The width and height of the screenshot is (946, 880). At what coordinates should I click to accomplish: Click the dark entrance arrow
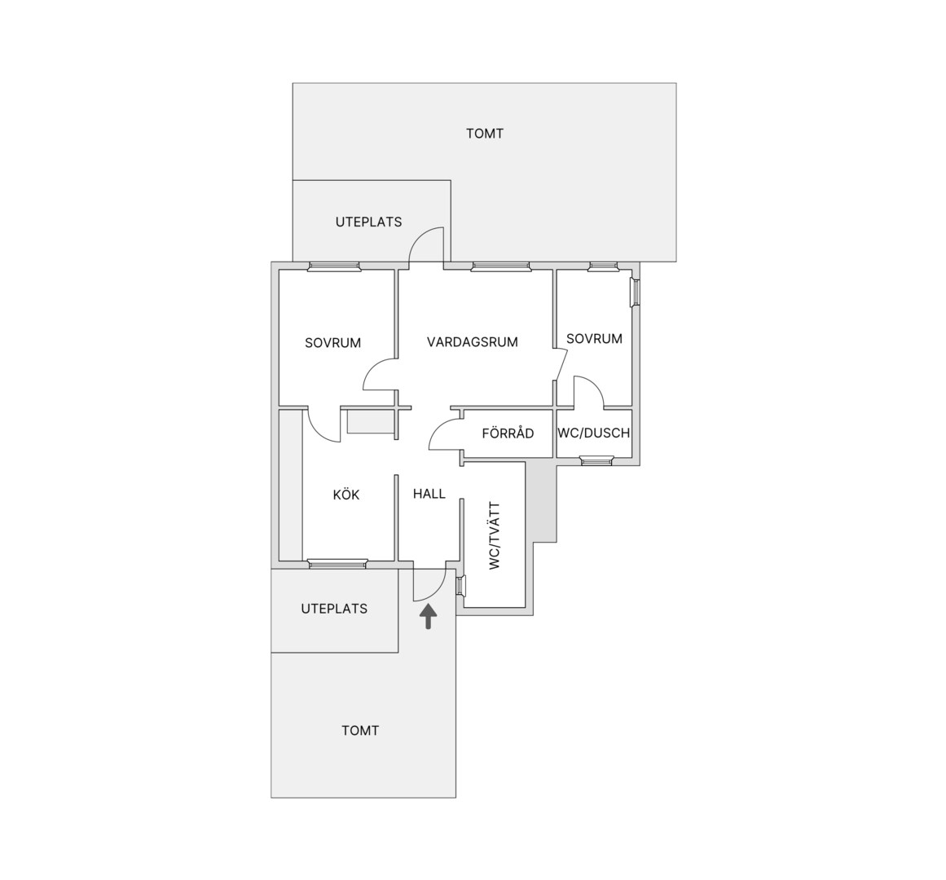pyautogui.click(x=429, y=618)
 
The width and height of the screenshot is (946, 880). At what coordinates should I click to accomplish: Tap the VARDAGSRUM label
pyautogui.click(x=473, y=342)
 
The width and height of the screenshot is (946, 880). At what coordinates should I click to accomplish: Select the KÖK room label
pyautogui.click(x=346, y=495)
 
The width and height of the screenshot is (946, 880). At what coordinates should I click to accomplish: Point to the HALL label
pyautogui.click(x=429, y=494)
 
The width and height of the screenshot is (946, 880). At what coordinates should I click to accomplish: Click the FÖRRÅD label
pyautogui.click(x=508, y=433)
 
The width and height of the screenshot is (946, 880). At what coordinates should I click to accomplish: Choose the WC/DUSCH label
pyautogui.click(x=594, y=433)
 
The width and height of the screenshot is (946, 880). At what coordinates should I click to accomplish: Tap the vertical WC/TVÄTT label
pyautogui.click(x=495, y=535)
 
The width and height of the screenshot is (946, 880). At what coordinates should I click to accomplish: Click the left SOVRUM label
pyautogui.click(x=333, y=343)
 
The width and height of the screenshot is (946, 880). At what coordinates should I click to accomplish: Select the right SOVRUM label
pyautogui.click(x=594, y=339)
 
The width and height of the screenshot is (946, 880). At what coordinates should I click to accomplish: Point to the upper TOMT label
pyautogui.click(x=485, y=134)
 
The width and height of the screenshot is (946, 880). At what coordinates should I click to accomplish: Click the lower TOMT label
pyautogui.click(x=361, y=731)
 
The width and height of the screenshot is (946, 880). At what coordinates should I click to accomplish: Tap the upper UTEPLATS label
pyautogui.click(x=368, y=222)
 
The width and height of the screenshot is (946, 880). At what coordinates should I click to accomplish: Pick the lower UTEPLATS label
pyautogui.click(x=334, y=609)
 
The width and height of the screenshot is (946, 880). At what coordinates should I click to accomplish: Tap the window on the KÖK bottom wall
pyautogui.click(x=338, y=564)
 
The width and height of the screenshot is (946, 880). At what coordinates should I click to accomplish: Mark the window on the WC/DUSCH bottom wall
pyautogui.click(x=596, y=461)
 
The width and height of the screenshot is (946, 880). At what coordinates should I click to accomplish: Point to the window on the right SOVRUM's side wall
pyautogui.click(x=636, y=293)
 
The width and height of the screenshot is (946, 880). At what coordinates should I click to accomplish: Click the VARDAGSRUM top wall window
pyautogui.click(x=501, y=266)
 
